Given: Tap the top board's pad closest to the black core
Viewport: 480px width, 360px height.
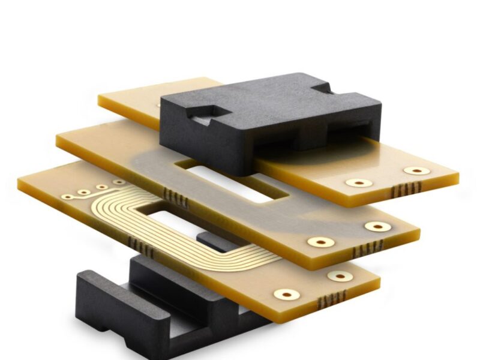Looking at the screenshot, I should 359,182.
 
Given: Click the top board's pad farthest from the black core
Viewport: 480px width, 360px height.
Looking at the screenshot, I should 416,170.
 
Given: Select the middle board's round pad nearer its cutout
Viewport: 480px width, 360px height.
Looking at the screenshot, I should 321,242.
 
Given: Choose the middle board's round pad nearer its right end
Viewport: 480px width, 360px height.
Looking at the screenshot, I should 377,226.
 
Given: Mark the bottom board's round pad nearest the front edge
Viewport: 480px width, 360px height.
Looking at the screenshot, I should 287,294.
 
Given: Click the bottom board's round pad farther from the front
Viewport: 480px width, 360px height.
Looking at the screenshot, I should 340,276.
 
